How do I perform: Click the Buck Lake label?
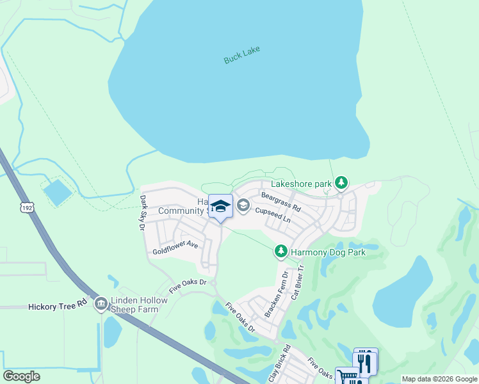242,55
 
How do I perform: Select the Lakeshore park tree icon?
342,184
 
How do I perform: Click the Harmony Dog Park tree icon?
280,252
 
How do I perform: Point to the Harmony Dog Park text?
328,253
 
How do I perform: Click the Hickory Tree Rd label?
57,307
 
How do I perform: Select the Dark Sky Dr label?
143,212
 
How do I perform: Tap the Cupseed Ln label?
273,214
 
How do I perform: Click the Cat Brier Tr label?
296,284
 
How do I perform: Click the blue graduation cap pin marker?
220,207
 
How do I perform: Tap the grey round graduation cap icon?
243,205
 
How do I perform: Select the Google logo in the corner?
21,376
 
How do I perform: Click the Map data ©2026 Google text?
439,379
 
